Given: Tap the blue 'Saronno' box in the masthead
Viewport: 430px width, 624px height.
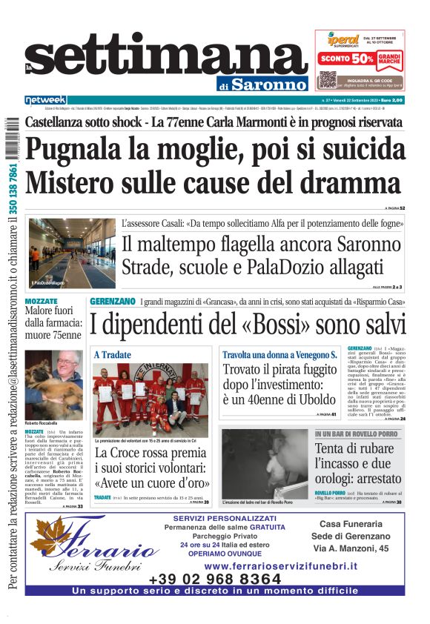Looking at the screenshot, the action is click(269, 84).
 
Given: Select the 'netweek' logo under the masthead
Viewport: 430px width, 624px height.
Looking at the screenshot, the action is click(46, 100).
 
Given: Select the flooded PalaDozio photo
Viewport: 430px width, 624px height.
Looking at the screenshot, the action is click(72, 253).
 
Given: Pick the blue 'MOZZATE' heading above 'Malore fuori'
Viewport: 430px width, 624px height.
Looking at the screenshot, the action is click(41, 302).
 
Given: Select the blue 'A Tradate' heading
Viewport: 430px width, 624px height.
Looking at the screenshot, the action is click(112, 356).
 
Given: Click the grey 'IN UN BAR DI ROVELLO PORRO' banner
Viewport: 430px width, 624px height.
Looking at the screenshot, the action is click(359, 434).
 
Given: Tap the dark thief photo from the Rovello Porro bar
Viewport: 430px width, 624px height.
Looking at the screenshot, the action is click(265, 460).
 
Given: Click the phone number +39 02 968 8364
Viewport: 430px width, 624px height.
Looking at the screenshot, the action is click(215, 579).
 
